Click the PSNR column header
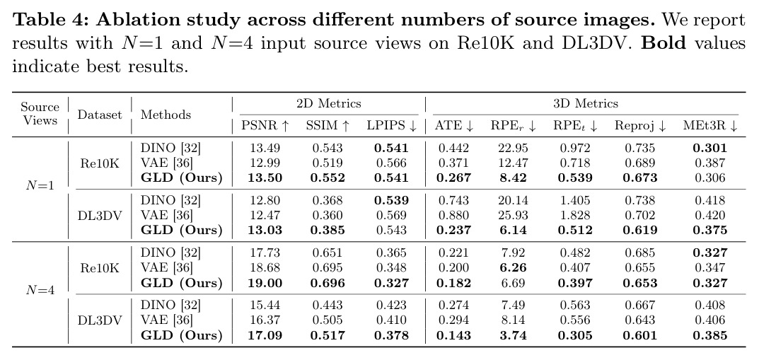click(x=265, y=126)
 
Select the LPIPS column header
click(x=392, y=126)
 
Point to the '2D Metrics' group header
click(x=329, y=103)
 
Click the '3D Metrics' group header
click(x=586, y=103)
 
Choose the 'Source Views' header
click(x=40, y=114)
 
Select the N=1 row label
click(x=40, y=186)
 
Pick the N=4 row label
click(x=40, y=290)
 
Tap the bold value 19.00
click(x=265, y=283)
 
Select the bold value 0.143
click(x=453, y=335)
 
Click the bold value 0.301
click(x=710, y=148)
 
